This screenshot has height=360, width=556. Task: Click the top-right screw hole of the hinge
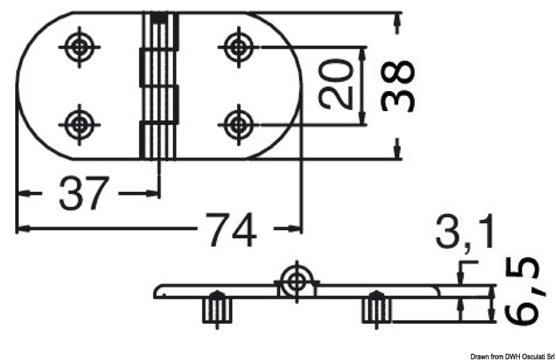[x=239, y=47]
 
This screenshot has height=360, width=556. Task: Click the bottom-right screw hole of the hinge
[x=239, y=125]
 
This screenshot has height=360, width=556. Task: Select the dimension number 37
[x=85, y=193]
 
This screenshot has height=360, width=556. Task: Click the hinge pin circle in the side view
[x=297, y=280]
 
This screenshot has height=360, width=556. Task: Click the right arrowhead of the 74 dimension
[x=295, y=228]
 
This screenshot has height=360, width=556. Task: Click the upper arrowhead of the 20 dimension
[x=363, y=54]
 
